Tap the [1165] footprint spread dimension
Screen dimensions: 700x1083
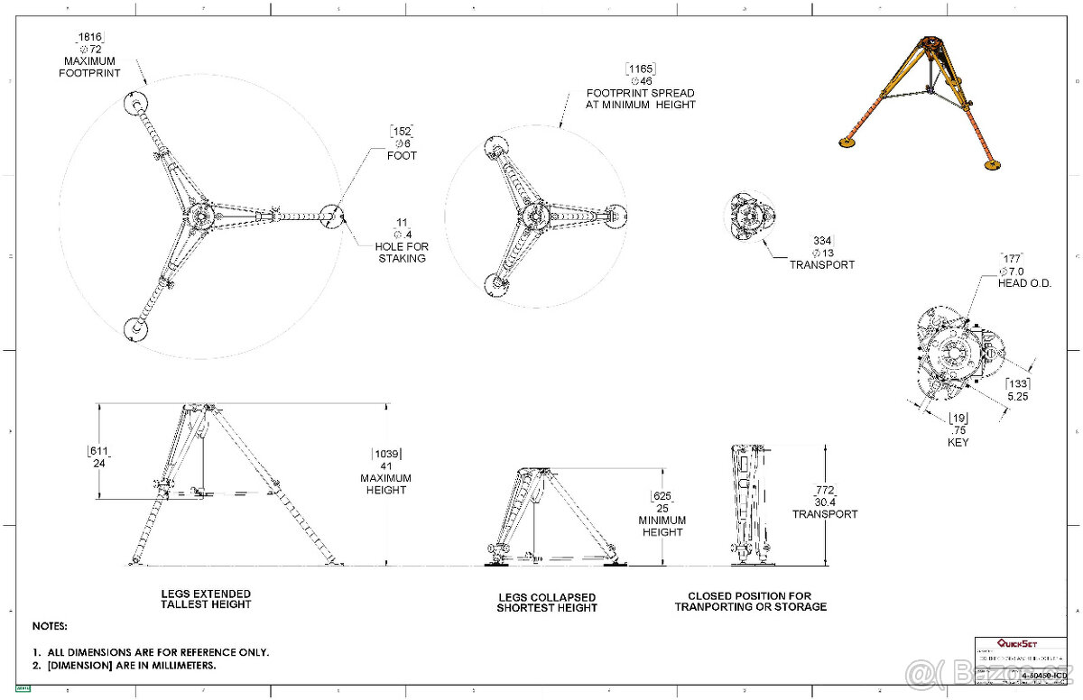(641, 69)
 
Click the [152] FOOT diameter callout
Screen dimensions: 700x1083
(403, 143)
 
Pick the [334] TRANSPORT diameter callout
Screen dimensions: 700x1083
(821, 253)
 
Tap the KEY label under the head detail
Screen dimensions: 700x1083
(958, 443)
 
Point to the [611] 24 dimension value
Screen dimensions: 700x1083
(98, 456)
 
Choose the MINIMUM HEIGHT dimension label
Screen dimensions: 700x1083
(662, 526)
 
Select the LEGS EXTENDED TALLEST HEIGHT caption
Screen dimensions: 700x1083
(206, 599)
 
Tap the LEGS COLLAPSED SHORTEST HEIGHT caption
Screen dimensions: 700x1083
(547, 602)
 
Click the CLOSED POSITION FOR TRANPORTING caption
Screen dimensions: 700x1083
(750, 601)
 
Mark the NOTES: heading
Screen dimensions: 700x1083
(50, 625)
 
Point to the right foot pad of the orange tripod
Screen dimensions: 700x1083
(994, 164)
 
